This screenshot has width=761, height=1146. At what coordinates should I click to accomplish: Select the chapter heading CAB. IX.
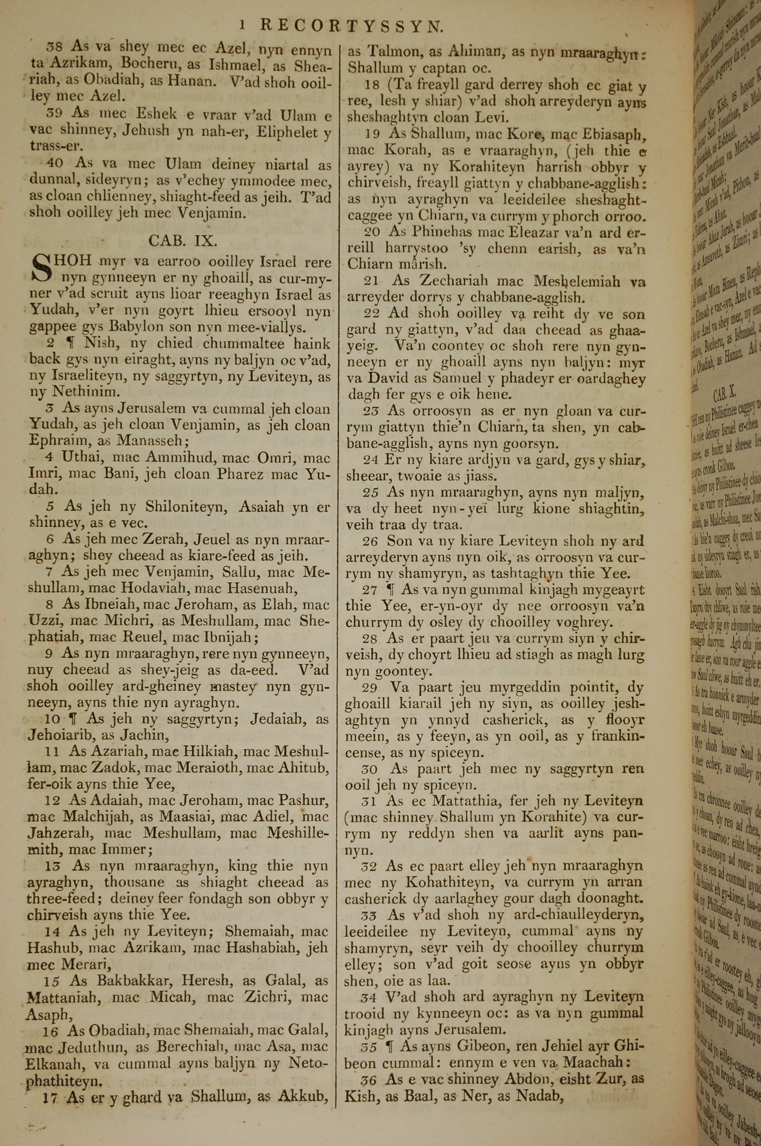[x=183, y=240]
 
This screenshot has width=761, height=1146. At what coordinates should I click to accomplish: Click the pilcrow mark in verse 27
[x=390, y=590]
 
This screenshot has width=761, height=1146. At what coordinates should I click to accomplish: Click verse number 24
[x=371, y=459]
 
